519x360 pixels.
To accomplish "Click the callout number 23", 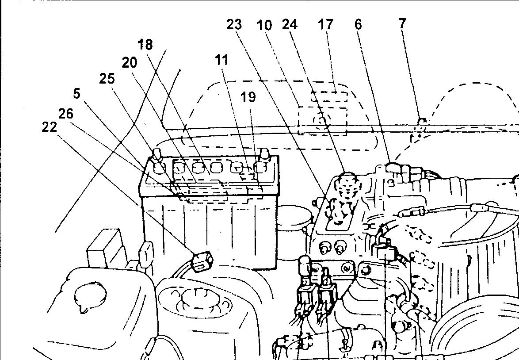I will [234, 24].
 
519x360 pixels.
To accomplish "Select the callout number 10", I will [264, 25].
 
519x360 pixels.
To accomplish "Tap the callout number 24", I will [290, 24].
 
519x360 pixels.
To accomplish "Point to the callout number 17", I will [325, 24].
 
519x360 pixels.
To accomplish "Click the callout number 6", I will [358, 25].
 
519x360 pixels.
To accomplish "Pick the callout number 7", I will [402, 23].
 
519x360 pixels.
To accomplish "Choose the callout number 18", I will [145, 44].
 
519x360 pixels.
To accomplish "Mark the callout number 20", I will [129, 63].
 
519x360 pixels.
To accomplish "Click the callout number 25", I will [107, 79].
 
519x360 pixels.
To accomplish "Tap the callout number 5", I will [77, 93].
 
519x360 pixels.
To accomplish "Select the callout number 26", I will [65, 114].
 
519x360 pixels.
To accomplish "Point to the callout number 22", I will [50, 127].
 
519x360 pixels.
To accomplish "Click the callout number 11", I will [222, 59].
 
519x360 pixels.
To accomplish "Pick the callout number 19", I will [248, 97].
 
